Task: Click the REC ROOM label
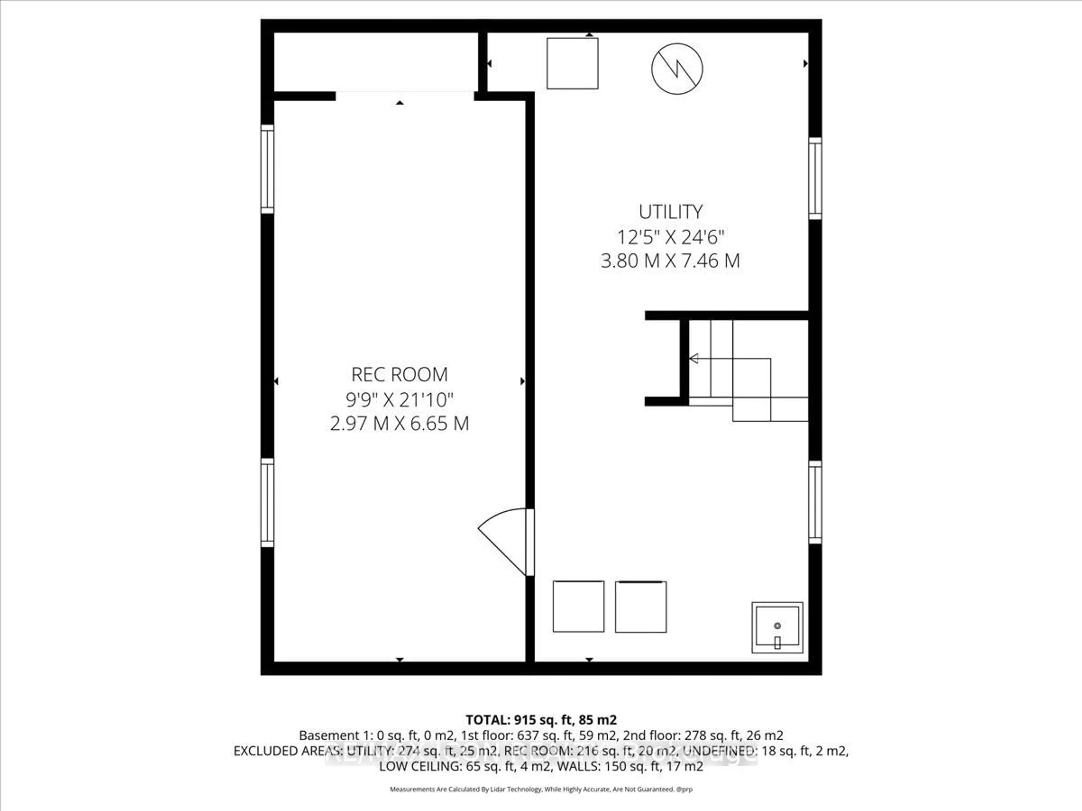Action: (399, 375)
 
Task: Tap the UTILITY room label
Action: (670, 212)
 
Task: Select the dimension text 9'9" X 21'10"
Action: (399, 400)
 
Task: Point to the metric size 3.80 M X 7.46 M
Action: (670, 260)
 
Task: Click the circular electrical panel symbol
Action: (677, 68)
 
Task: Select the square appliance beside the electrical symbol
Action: (572, 64)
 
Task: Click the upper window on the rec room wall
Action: (267, 169)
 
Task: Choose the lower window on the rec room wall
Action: (267, 503)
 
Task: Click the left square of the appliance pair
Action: (578, 606)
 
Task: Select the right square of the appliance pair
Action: (640, 606)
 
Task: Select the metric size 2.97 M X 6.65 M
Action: (399, 423)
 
